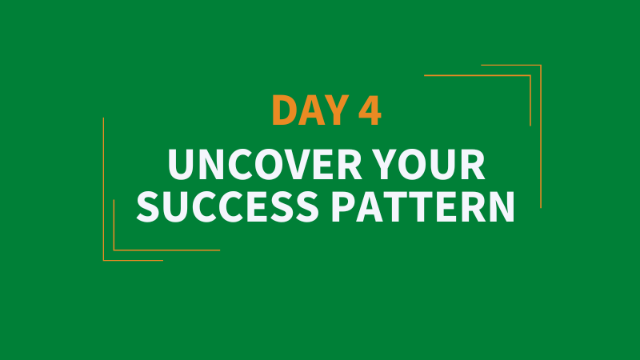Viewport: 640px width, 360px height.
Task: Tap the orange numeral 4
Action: point(370,110)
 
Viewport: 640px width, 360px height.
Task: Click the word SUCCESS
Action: point(227,206)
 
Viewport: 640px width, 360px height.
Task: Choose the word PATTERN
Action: point(423,206)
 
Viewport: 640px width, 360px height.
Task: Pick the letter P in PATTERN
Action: point(343,206)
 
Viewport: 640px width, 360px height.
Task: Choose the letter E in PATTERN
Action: point(449,206)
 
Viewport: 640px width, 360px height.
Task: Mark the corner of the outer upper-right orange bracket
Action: point(541,65)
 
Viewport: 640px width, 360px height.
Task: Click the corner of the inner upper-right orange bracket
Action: point(530,75)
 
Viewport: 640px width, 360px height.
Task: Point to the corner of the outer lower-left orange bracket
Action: point(104,260)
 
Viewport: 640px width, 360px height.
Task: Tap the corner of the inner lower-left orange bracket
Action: point(114,250)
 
